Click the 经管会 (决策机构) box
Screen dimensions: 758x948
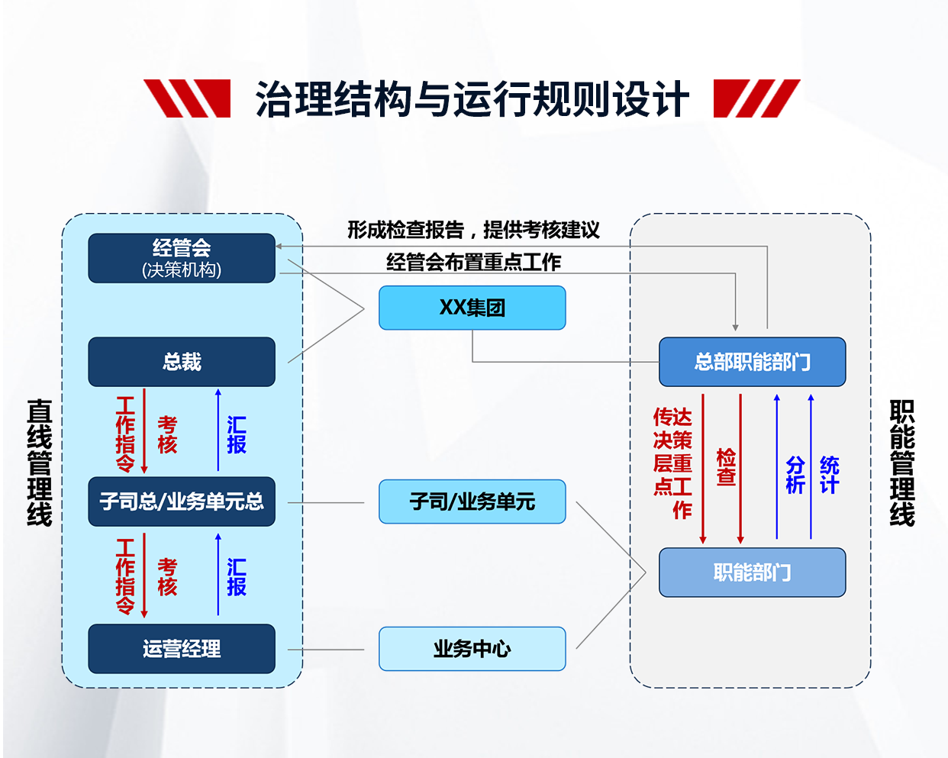182,258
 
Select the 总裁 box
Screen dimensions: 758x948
182,362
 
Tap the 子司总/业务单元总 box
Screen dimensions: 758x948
182,502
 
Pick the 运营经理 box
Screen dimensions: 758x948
182,649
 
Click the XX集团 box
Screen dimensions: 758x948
472,308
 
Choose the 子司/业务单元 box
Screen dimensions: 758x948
472,502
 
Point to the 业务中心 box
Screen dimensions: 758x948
472,649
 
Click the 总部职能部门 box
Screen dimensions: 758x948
752,362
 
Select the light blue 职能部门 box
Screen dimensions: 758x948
752,573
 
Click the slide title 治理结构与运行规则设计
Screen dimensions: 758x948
472,99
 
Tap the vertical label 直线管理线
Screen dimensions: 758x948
40,463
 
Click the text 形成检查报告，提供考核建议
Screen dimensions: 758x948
473,230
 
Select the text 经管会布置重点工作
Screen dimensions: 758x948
473,263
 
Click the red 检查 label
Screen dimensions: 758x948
726,467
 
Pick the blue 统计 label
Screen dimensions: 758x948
830,475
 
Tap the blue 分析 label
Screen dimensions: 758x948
795,475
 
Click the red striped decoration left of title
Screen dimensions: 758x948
188,98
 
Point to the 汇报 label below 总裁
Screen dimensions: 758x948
237,435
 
